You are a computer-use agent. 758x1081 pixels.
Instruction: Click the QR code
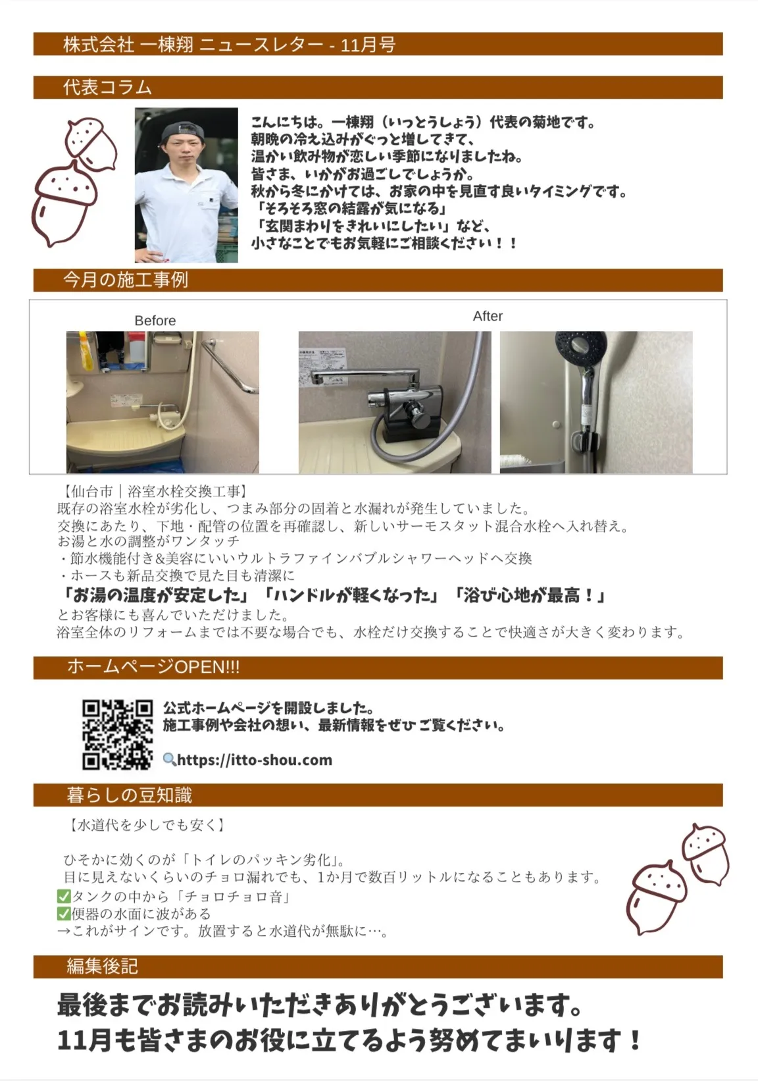coord(117,734)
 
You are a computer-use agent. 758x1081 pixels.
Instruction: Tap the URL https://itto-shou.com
coord(255,760)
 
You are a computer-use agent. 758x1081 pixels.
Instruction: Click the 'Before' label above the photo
coord(155,321)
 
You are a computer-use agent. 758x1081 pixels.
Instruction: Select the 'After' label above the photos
coord(488,316)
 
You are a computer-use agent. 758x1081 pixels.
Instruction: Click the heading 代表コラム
coord(107,88)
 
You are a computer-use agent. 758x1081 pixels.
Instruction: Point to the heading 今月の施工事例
coord(126,280)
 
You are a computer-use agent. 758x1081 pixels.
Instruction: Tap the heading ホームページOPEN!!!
coord(153,667)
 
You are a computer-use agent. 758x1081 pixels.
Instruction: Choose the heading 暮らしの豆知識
coord(129,795)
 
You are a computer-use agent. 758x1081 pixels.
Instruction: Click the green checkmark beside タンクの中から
coord(64,896)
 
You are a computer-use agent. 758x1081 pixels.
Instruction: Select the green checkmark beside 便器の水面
coord(64,913)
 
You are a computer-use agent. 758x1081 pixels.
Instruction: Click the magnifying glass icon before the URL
coord(169,760)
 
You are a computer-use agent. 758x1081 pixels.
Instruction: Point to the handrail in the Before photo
coord(230,367)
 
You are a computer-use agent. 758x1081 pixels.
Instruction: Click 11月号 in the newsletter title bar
coord(368,45)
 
